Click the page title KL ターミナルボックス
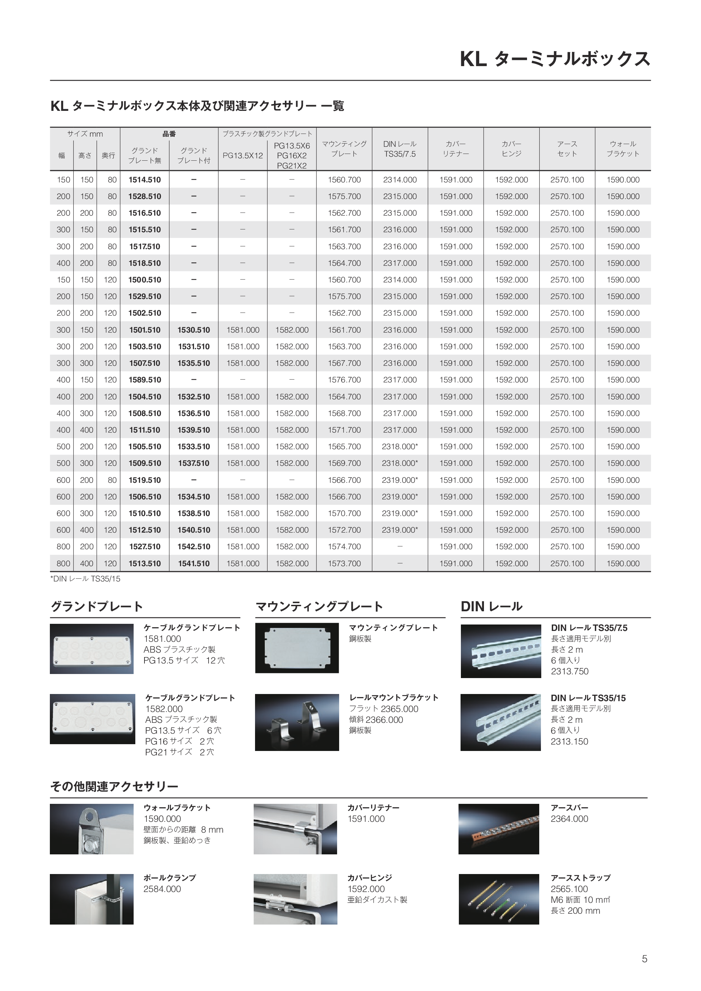pos(555,59)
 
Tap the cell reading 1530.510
pos(194,330)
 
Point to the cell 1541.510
pos(194,564)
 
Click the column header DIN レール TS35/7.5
pos(400,149)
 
